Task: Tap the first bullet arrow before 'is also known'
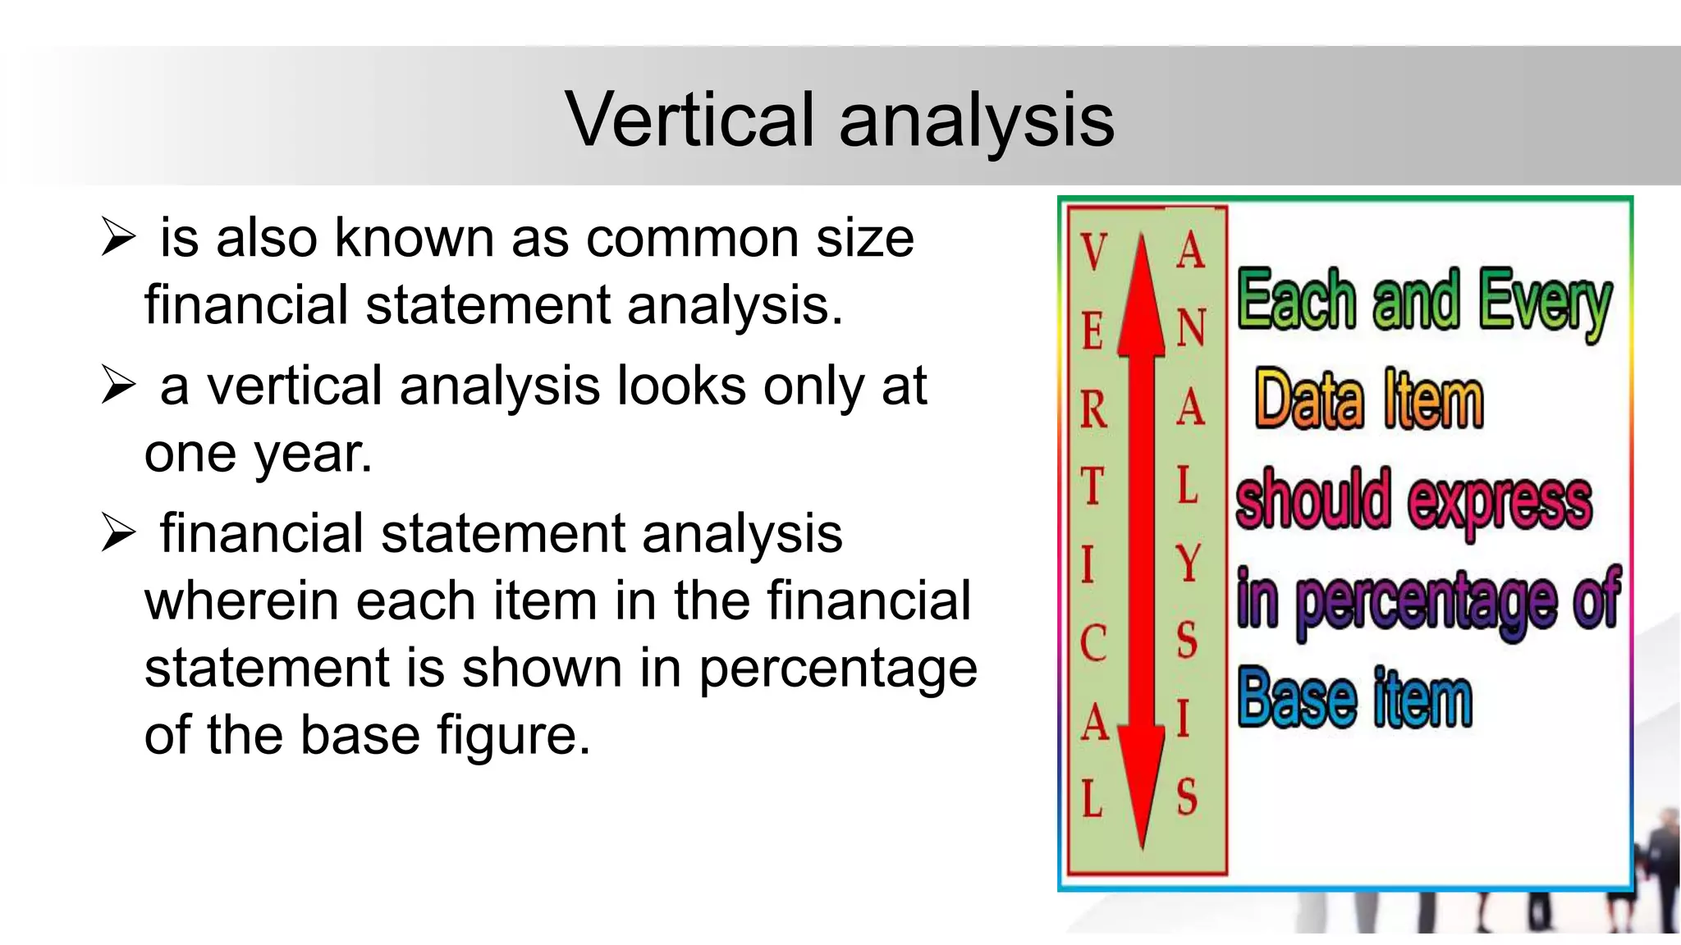click(118, 238)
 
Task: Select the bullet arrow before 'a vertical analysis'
click(118, 386)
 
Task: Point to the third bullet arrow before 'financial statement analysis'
click(118, 533)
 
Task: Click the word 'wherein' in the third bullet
click(241, 600)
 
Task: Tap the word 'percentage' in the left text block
click(838, 668)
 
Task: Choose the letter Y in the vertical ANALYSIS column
click(1188, 563)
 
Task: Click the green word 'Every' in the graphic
click(1545, 302)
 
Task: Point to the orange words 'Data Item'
click(1368, 400)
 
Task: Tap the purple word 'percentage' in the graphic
click(1426, 600)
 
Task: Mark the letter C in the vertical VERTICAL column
click(1092, 643)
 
